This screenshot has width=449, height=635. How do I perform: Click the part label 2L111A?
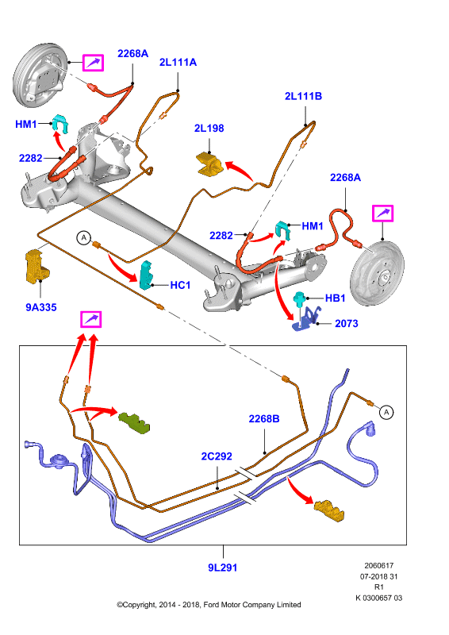pyautogui.click(x=178, y=62)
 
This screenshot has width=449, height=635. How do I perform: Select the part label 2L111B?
pyautogui.click(x=303, y=96)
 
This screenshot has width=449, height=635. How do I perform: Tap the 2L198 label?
pyautogui.click(x=209, y=128)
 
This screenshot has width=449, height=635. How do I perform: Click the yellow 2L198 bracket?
pyautogui.click(x=209, y=165)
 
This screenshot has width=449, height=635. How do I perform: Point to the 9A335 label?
pyautogui.click(x=41, y=307)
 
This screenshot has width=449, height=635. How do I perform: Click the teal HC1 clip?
pyautogui.click(x=146, y=275)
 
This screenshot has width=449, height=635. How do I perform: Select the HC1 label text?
pyautogui.click(x=180, y=285)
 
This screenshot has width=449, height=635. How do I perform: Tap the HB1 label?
pyautogui.click(x=336, y=298)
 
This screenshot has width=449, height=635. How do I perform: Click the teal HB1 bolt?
pyautogui.click(x=300, y=298)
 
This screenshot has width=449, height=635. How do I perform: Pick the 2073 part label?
pyautogui.click(x=347, y=323)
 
